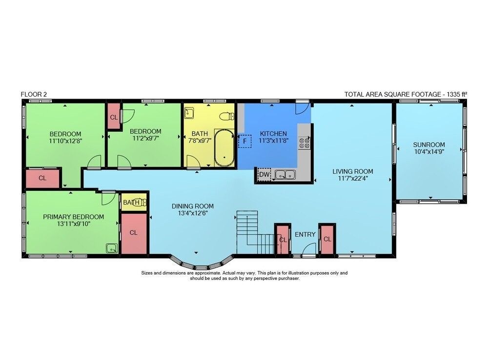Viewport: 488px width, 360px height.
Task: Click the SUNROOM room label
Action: (x=429, y=145)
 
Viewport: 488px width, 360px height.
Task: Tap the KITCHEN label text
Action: (x=273, y=134)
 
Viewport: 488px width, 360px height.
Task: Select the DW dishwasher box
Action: (x=264, y=175)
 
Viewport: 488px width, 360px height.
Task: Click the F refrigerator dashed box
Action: (x=245, y=141)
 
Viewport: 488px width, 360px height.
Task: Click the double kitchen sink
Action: (x=285, y=174)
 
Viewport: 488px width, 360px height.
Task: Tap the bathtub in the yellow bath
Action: (x=224, y=148)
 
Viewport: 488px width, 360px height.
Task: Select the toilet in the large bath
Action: (x=226, y=116)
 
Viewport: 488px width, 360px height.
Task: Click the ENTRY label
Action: (x=305, y=234)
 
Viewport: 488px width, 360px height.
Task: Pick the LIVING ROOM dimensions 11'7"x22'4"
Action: (x=353, y=178)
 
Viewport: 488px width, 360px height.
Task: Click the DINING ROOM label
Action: (x=193, y=206)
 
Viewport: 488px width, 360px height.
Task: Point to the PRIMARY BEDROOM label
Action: (x=74, y=217)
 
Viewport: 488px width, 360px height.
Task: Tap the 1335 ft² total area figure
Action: (x=457, y=94)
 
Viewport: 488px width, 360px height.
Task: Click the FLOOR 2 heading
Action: (x=34, y=94)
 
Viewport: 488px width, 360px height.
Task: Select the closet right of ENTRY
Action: (x=327, y=239)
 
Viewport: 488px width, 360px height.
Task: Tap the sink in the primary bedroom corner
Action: (x=112, y=248)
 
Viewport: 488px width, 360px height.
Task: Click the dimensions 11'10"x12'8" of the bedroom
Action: (x=65, y=141)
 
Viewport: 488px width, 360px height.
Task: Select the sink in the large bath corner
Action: (x=189, y=113)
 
